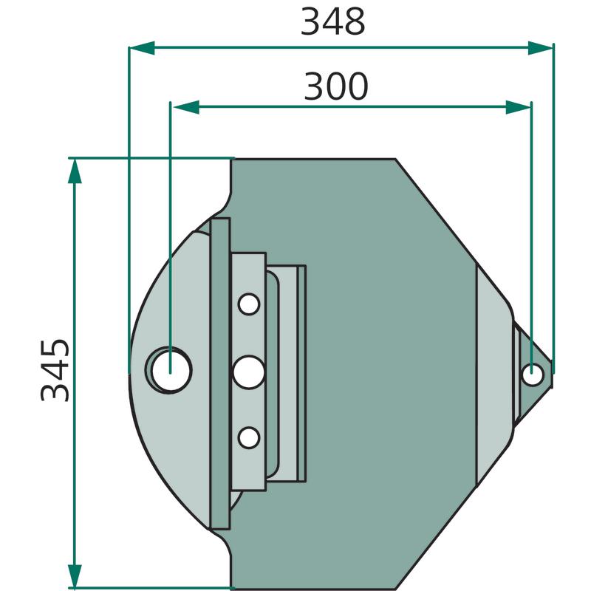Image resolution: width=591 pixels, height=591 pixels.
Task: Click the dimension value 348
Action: click(x=333, y=22)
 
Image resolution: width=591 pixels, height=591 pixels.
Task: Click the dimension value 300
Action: click(x=335, y=86)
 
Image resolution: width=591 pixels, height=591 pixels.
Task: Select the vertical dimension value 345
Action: click(x=55, y=370)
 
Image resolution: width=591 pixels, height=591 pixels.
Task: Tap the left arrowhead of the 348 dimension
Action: click(x=142, y=48)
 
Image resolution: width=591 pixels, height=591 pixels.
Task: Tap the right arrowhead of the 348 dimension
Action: click(x=541, y=48)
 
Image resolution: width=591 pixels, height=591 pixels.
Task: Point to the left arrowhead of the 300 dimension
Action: click(x=186, y=107)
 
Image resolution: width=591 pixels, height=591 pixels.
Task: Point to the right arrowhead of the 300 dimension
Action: click(x=519, y=107)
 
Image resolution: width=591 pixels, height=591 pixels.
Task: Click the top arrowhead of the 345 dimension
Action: click(x=75, y=171)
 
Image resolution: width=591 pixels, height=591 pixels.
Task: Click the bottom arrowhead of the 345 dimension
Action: click(x=75, y=575)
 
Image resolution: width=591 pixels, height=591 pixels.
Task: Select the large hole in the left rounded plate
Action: click(x=171, y=371)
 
